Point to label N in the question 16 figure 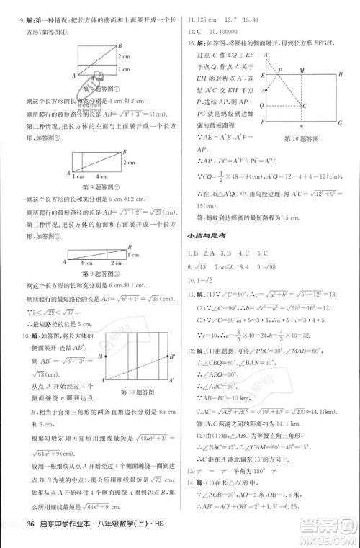300,123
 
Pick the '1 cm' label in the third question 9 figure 132,254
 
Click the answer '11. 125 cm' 199,19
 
